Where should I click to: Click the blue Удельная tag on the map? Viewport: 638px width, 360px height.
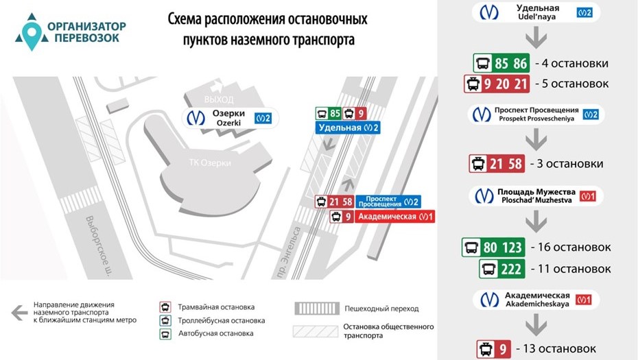tap(348, 128)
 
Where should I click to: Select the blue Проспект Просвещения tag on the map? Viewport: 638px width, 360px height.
tap(388, 202)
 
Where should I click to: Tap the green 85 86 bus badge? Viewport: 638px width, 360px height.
tap(502, 64)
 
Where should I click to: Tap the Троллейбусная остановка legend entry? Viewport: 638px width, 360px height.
tap(221, 320)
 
